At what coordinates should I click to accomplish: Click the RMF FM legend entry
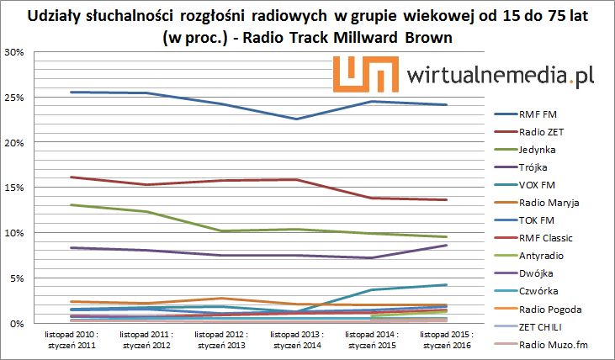tap(538, 114)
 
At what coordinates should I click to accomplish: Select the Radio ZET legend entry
tap(543, 131)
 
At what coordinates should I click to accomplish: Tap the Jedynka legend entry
tap(538, 149)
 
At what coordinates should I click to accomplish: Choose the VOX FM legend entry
tap(538, 185)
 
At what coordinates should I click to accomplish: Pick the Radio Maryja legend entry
tap(549, 203)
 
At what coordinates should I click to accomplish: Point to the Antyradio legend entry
tap(543, 256)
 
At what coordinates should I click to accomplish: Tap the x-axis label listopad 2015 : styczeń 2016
tap(446, 340)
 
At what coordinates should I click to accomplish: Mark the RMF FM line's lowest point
tap(297, 119)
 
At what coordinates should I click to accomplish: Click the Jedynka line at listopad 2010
tap(73, 204)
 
